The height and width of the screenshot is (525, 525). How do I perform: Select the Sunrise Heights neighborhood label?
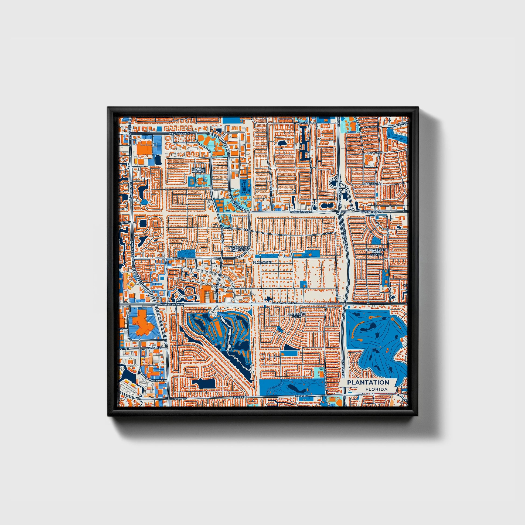click(x=198, y=170)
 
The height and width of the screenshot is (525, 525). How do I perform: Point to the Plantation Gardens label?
click(x=238, y=249)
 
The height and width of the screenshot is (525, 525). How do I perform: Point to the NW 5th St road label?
click(x=179, y=258)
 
